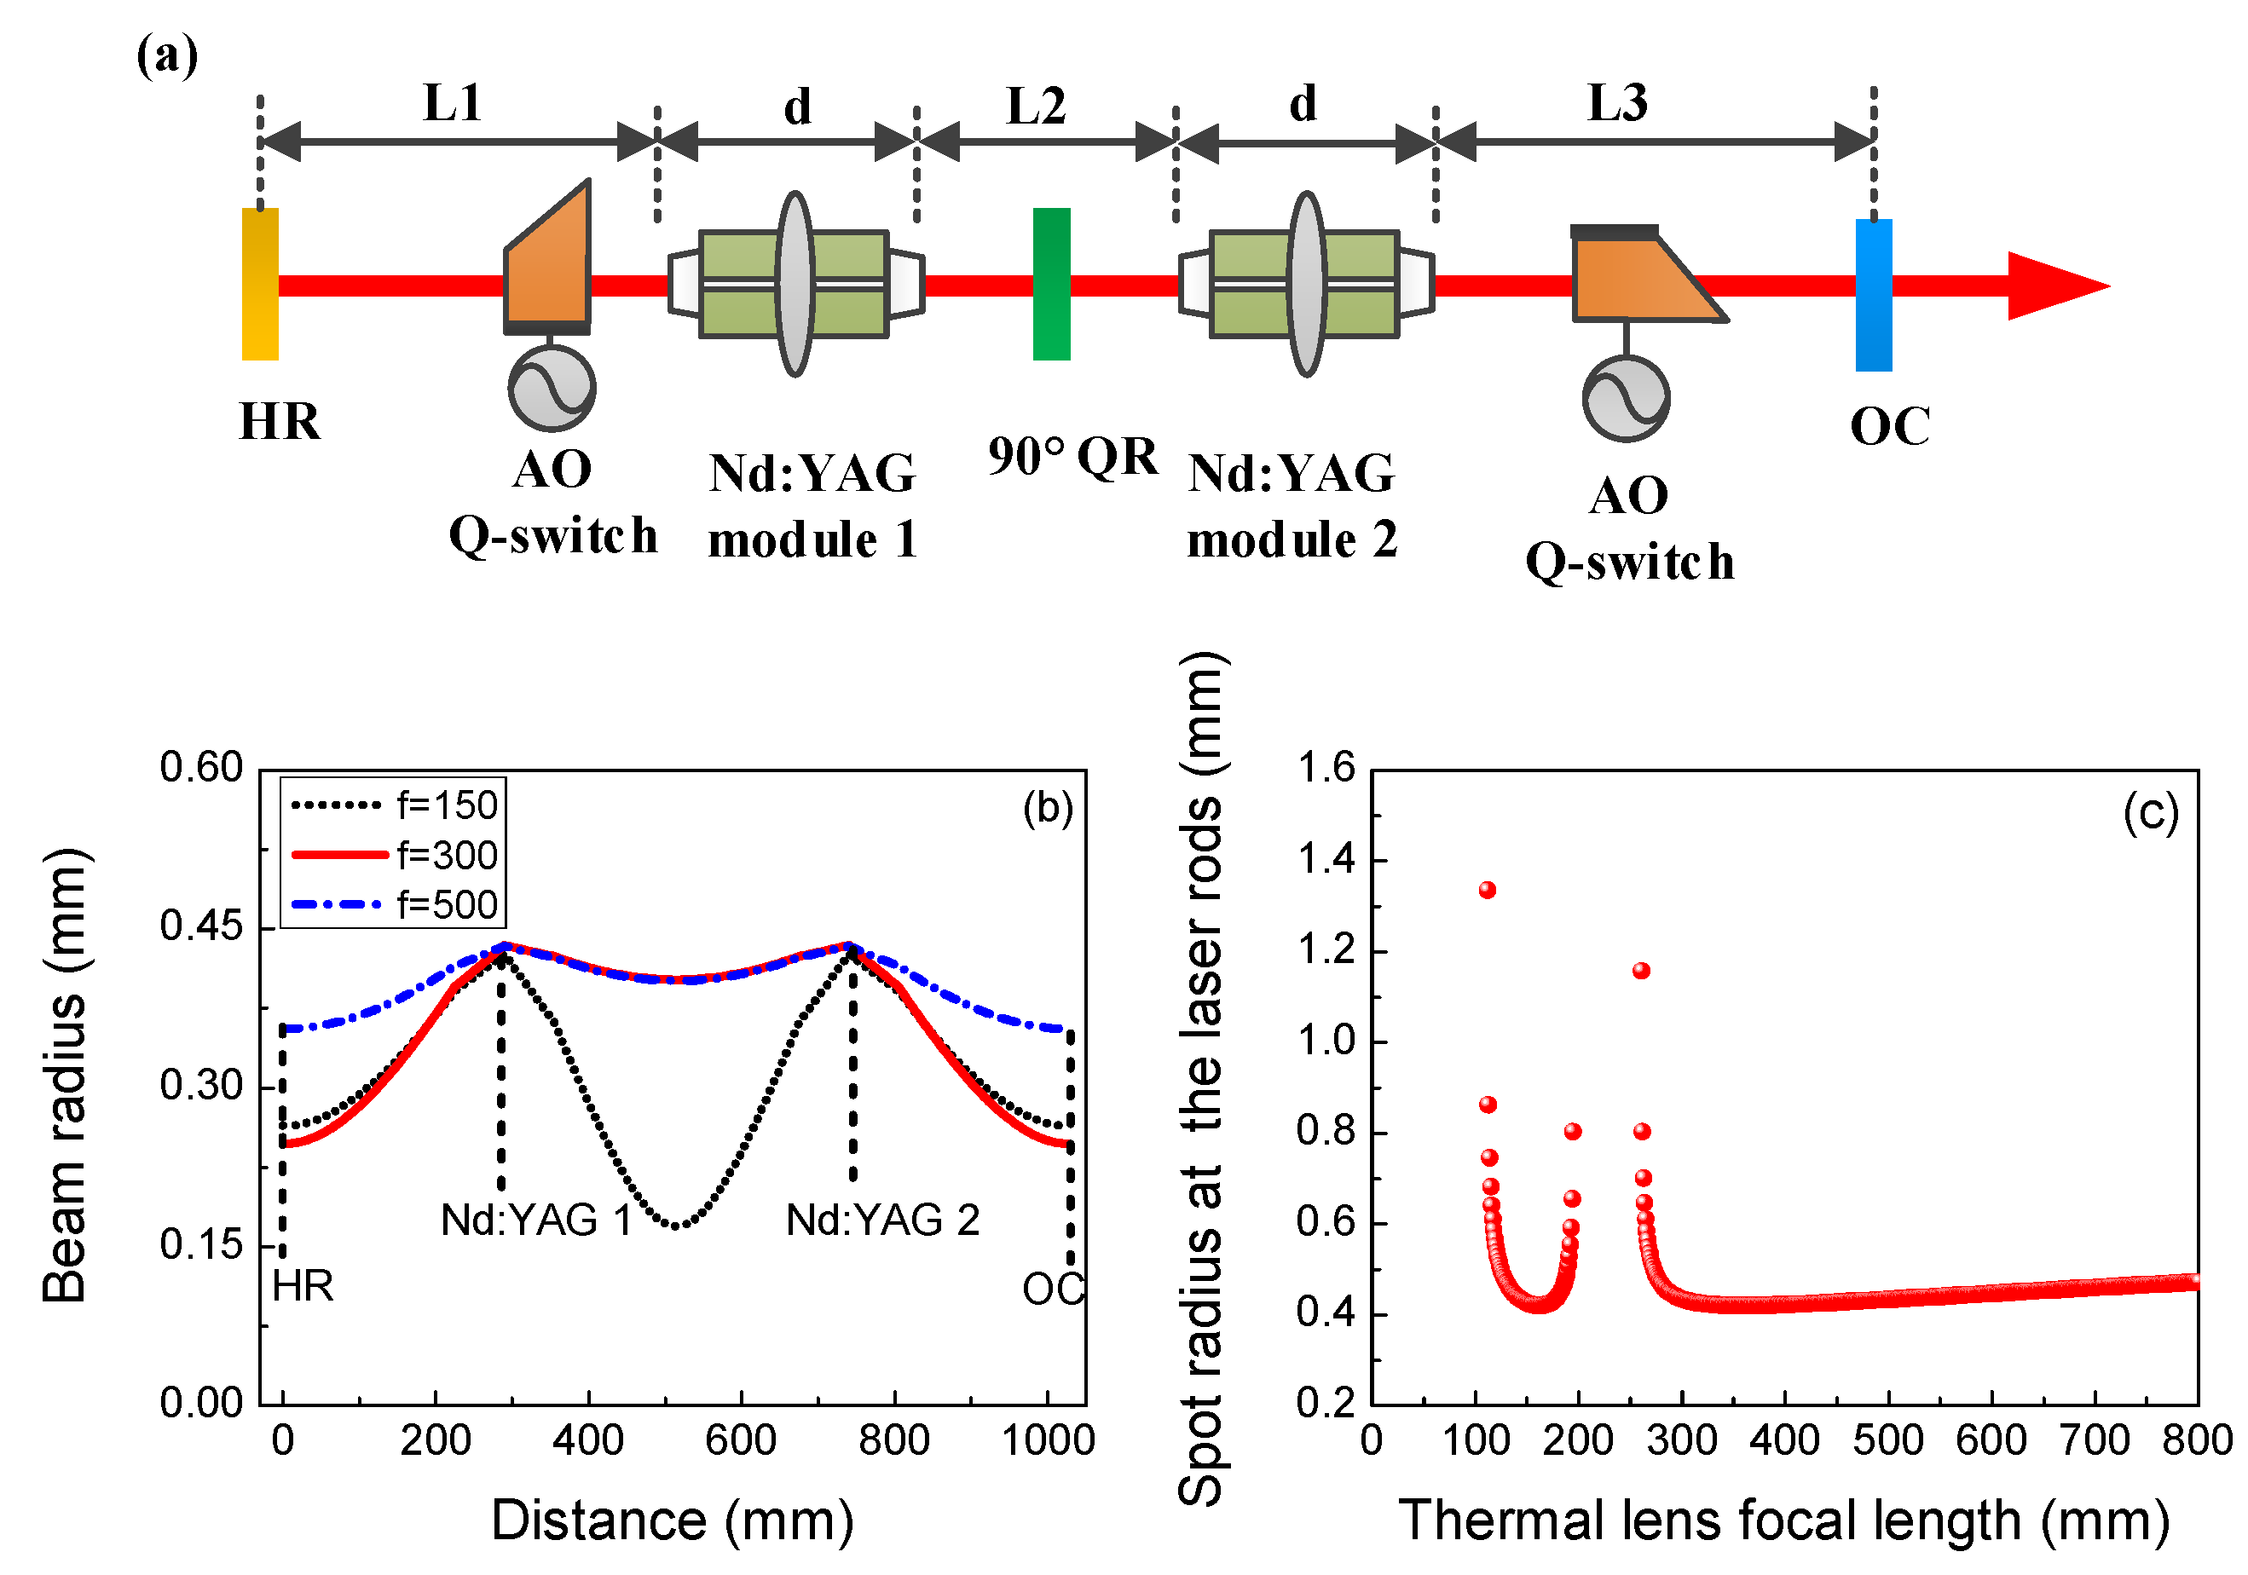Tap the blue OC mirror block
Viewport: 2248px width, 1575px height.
coord(1873,295)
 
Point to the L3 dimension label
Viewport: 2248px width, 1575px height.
coord(1616,103)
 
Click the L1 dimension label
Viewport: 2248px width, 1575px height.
coord(453,103)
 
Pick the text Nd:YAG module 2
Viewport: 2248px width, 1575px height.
coord(1292,506)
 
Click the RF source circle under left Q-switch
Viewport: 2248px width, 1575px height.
coord(552,388)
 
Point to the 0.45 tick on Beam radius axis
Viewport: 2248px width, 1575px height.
coord(200,926)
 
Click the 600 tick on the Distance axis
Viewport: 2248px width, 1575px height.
coord(741,1441)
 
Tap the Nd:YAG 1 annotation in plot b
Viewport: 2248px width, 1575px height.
coord(535,1220)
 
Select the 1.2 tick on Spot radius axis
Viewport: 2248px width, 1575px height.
coord(1326,950)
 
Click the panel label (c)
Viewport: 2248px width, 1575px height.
coord(2150,812)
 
